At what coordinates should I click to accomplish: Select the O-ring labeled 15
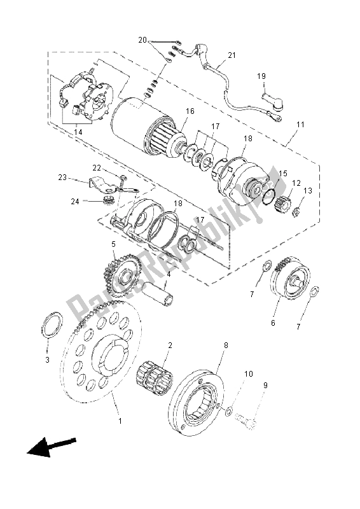point(270,197)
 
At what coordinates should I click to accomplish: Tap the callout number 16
point(190,111)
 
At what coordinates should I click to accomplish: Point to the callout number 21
point(232,55)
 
